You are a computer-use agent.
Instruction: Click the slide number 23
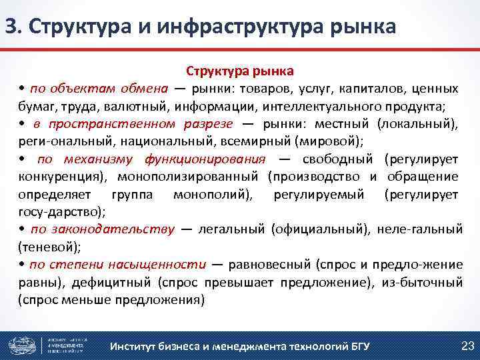467,345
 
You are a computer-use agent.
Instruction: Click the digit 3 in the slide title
10,26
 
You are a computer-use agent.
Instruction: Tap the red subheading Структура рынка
239,70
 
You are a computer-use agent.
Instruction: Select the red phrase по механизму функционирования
151,159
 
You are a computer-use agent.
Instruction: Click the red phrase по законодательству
102,229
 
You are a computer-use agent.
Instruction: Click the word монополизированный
187,176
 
